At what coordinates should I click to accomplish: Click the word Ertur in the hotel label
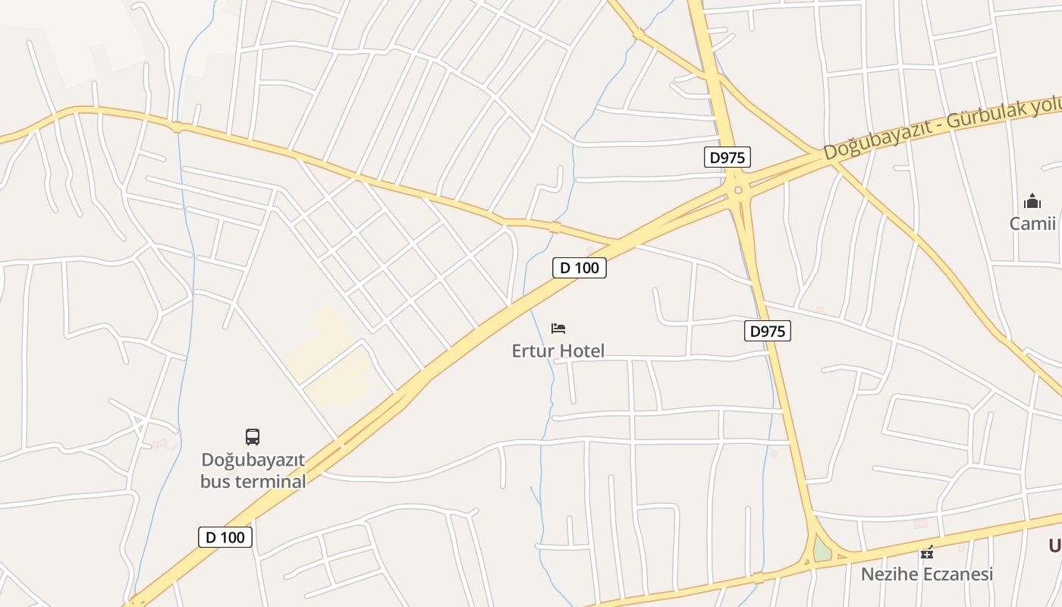533,351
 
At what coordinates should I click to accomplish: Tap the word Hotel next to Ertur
581,351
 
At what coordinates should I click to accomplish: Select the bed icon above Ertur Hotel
558,329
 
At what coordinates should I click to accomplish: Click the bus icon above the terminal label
253,437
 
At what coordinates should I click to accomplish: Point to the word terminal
270,481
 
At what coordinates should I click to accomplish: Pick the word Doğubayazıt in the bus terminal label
253,460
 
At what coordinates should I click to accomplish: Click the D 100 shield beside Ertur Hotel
580,268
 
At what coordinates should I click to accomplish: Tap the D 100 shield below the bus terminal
225,537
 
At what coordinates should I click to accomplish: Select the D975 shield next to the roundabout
727,158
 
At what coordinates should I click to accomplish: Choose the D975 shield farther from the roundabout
767,331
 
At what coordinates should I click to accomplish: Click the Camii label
1032,223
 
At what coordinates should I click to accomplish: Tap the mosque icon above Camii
1032,201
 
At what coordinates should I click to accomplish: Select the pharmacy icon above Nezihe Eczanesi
926,552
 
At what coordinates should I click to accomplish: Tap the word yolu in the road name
1046,107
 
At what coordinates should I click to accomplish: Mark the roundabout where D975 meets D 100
738,190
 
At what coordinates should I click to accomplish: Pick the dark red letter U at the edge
1055,545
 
